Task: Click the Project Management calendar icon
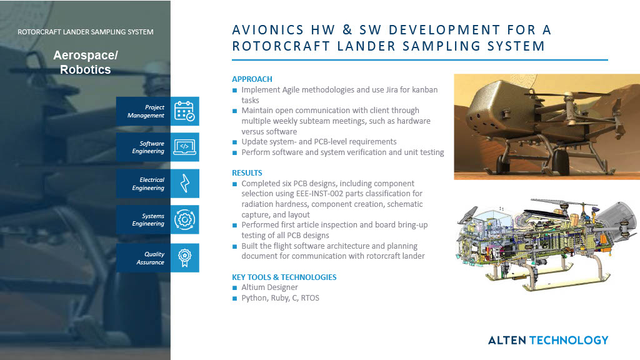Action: coord(184,111)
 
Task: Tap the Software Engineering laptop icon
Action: coord(184,147)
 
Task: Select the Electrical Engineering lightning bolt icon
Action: coord(184,184)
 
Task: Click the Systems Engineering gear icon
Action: coord(184,220)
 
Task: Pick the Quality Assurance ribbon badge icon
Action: coord(184,257)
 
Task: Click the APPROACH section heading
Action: coord(252,79)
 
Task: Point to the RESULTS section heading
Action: coord(247,172)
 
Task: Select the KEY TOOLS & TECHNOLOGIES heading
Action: coord(284,277)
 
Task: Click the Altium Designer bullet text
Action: coord(269,287)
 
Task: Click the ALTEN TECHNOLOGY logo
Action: coord(547,340)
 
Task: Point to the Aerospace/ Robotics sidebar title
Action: coord(86,62)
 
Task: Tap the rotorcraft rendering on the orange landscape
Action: coord(546,127)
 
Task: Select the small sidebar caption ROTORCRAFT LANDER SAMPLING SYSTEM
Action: coord(86,32)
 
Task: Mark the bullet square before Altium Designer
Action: coord(234,287)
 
